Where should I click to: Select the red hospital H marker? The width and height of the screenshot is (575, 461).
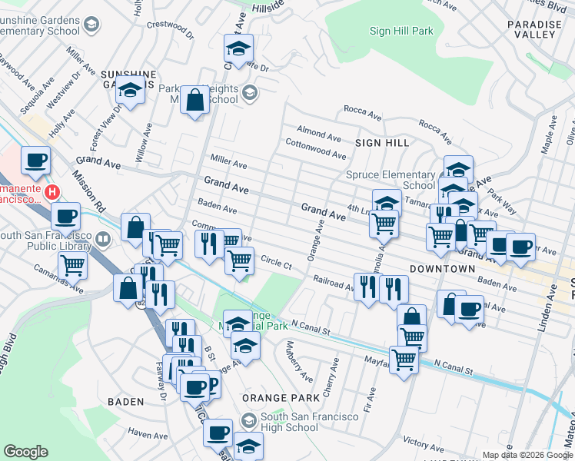pyautogui.click(x=52, y=191)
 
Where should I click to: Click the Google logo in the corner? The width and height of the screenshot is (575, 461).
pyautogui.click(x=25, y=452)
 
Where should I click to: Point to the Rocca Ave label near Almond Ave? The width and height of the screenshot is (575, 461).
pyautogui.click(x=363, y=115)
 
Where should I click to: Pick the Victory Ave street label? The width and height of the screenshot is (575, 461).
pyautogui.click(x=422, y=443)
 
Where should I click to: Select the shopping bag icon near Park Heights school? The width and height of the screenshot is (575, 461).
pyautogui.click(x=195, y=101)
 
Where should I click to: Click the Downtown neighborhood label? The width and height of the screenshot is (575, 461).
pyautogui.click(x=442, y=269)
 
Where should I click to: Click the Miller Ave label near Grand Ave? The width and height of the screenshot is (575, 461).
pyautogui.click(x=228, y=164)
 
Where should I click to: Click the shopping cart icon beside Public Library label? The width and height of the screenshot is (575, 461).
pyautogui.click(x=72, y=266)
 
